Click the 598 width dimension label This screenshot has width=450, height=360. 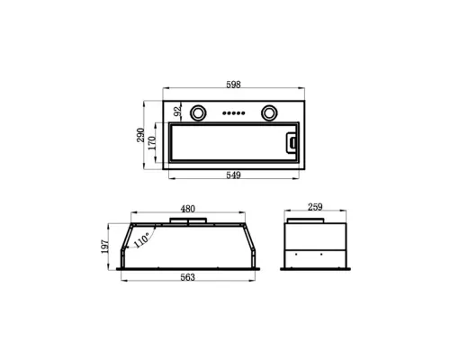coord(233,85)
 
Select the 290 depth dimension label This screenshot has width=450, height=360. coord(140,135)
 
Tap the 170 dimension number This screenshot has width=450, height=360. coord(152,143)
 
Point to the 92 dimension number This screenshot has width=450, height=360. coord(178,112)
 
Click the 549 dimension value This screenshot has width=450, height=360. coord(233,175)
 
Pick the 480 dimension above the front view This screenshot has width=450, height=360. coord(188,209)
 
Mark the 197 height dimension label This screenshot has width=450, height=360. coord(104,247)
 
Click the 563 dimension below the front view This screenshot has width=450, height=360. coord(188,277)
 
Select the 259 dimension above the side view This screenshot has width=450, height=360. coord(315,207)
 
